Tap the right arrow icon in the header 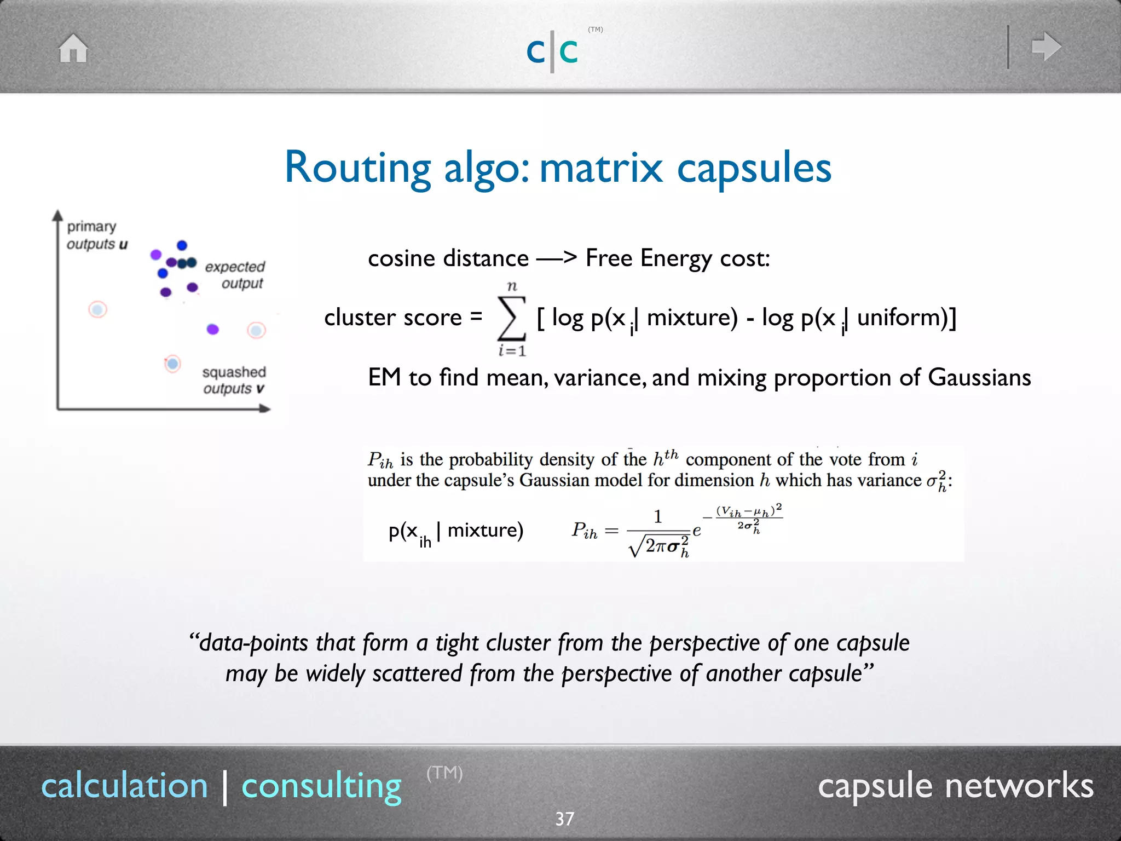coord(1046,47)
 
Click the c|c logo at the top coord(552,51)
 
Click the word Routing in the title coord(357,168)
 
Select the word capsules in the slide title coord(754,168)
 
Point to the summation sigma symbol coord(511,318)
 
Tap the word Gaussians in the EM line coord(979,377)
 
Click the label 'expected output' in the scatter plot coord(235,275)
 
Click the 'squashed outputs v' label coord(234,380)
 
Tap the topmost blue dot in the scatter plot coord(182,245)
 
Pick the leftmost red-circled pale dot coord(98,310)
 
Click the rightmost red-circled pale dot coord(256,330)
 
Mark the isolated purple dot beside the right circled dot coord(213,329)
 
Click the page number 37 coord(564,819)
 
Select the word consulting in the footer coord(322,786)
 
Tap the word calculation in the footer coord(125,786)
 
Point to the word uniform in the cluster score coord(902,318)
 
